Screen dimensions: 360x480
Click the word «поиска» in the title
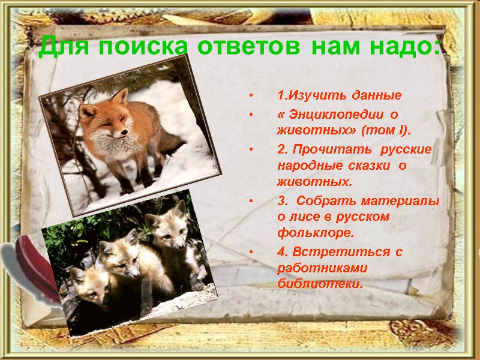143,46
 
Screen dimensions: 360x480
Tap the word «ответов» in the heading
251,46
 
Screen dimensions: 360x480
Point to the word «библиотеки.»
320,284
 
